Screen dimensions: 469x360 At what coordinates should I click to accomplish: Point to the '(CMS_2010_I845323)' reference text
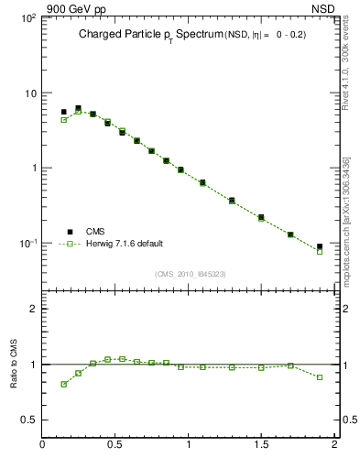click(191, 274)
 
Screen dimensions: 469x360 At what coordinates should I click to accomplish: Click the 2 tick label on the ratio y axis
click(32, 310)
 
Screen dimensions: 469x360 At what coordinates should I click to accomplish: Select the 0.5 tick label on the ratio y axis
click(28, 420)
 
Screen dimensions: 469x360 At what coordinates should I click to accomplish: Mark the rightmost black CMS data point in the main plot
click(320, 246)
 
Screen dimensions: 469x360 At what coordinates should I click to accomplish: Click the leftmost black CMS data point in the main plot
click(64, 112)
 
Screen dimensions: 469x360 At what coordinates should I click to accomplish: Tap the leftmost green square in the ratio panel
click(64, 384)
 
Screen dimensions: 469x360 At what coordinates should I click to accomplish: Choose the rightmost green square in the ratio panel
click(320, 377)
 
